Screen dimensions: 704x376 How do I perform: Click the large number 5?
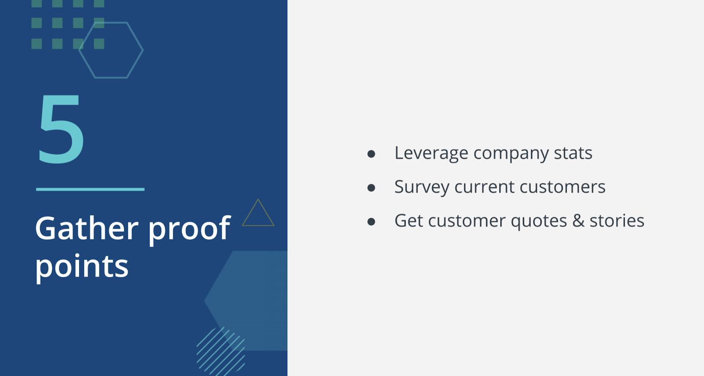[x=61, y=128]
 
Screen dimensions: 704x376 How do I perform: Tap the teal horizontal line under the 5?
[x=90, y=189]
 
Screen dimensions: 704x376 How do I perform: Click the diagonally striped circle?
[x=220, y=351]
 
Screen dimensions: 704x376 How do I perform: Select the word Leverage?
[x=431, y=154]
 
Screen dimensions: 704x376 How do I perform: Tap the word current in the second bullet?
[x=484, y=187]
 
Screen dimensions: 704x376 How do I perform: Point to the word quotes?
[x=539, y=221]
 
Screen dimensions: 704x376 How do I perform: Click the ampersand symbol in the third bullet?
[x=578, y=220]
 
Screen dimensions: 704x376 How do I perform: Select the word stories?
[x=617, y=221]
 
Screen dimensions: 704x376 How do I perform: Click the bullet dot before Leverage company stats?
[x=371, y=154]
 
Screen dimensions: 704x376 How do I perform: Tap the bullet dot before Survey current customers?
[x=371, y=188]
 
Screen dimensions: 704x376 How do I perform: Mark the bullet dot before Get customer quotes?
[x=371, y=221]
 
